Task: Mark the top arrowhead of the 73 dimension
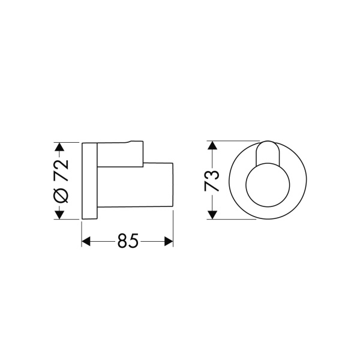pos(211,146)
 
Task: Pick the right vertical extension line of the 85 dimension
pos(173,228)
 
